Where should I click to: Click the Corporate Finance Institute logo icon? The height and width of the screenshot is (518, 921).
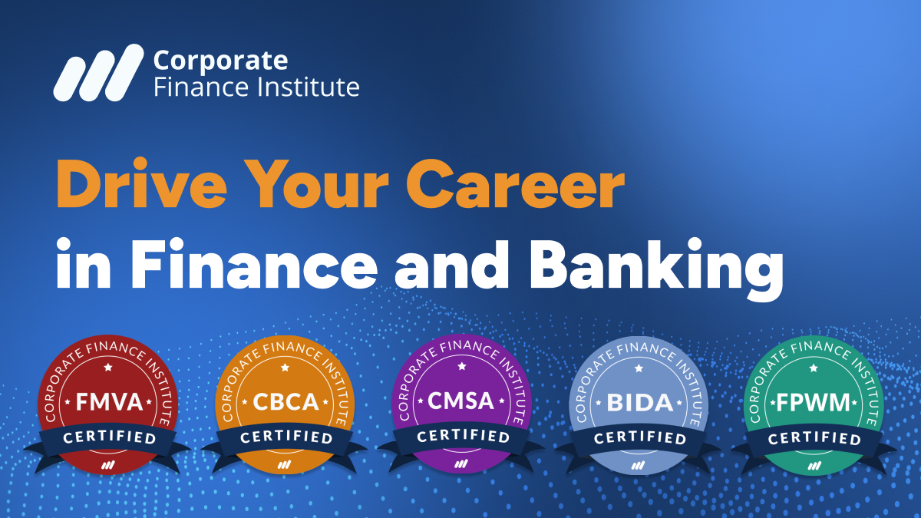pyautogui.click(x=97, y=72)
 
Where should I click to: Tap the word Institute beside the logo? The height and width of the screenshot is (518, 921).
pyautogui.click(x=312, y=87)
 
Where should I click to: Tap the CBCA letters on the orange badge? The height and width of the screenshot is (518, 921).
pyautogui.click(x=286, y=401)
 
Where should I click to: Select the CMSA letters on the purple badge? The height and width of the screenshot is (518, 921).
pyautogui.click(x=461, y=401)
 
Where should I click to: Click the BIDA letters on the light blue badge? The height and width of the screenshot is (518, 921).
pyautogui.click(x=639, y=401)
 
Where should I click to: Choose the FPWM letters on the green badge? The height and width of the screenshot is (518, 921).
pyautogui.click(x=814, y=401)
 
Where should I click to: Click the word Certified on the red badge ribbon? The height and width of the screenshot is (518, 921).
pyautogui.click(x=109, y=438)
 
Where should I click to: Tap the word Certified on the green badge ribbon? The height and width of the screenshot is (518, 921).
pyautogui.click(x=814, y=438)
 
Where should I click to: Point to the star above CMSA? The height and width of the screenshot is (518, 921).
pyautogui.click(x=461, y=367)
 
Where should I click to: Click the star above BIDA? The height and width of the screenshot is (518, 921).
pyautogui.click(x=639, y=368)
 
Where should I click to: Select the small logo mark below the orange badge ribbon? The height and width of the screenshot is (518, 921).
pyautogui.click(x=285, y=464)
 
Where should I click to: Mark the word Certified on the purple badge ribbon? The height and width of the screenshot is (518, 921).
pyautogui.click(x=462, y=437)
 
